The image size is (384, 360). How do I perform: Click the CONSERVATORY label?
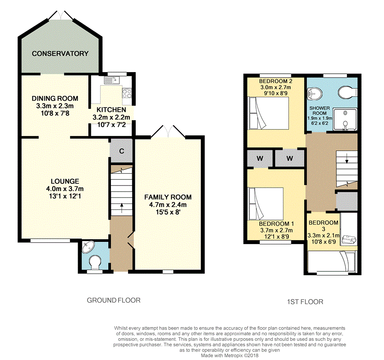(60, 53)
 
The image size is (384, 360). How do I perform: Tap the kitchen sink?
(112, 80)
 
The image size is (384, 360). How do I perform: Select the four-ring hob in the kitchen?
(127, 93)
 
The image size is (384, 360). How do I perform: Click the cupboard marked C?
(121, 151)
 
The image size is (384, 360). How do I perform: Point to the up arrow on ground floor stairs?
(122, 208)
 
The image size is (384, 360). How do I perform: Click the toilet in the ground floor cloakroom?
(95, 262)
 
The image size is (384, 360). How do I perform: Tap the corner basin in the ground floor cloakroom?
(88, 247)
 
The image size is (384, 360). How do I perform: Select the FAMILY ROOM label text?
(168, 197)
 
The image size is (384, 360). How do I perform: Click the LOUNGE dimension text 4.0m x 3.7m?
(65, 189)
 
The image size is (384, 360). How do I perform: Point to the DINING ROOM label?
(55, 99)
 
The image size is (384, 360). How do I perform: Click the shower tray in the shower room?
(345, 119)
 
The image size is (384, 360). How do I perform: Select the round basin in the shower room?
(314, 94)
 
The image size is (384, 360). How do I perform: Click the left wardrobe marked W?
(260, 158)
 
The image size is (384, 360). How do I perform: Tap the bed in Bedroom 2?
(268, 113)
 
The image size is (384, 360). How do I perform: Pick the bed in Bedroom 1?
(266, 204)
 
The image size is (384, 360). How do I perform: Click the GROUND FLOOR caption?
(113, 300)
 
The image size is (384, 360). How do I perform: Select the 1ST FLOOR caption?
(305, 302)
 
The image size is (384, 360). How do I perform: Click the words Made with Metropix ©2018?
(230, 355)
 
